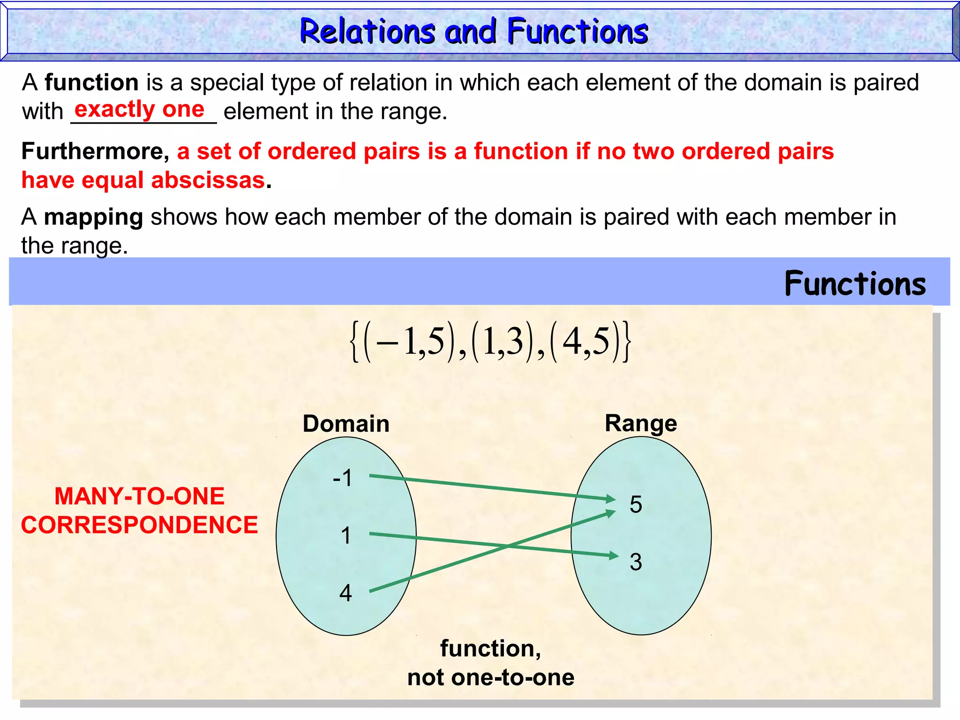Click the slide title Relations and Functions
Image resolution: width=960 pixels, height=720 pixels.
coord(473,32)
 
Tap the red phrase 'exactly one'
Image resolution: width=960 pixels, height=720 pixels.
coord(139,110)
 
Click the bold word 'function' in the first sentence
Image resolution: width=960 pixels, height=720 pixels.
coord(91,82)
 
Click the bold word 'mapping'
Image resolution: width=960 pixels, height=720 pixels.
coord(93,217)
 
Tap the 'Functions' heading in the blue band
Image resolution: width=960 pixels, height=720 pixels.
coord(855,284)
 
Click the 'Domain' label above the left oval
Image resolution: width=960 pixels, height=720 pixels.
coord(346,424)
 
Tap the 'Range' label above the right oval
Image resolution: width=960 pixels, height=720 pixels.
coord(641,423)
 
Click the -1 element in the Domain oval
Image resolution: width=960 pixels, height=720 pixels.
coord(343,478)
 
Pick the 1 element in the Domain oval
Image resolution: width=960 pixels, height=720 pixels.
coord(346,535)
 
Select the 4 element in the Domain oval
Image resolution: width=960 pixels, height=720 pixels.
coord(345,593)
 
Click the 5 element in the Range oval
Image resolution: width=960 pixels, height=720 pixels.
coord(636,505)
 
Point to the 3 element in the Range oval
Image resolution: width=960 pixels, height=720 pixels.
coord(636,562)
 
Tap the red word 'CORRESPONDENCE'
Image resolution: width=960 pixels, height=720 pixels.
coord(139,525)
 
